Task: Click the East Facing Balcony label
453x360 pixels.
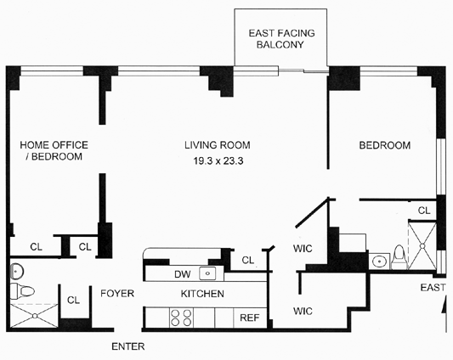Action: pos(281,39)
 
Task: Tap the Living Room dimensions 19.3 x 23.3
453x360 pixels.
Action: pos(218,160)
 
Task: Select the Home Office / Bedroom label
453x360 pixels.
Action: pos(54,150)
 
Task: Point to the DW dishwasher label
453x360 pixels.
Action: pos(182,274)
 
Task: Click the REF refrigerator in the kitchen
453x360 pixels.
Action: pos(250,318)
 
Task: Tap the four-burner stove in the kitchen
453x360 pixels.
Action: pos(181,318)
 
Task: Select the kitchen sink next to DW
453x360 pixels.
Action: pos(207,273)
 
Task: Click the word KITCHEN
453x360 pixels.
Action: pos(202,294)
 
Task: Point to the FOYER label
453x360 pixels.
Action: pos(117,293)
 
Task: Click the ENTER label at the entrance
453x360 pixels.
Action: pos(128,346)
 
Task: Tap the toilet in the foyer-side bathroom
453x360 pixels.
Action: pos(22,291)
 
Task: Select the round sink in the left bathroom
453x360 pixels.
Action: pos(17,272)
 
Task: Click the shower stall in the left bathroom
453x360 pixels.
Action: pos(34,316)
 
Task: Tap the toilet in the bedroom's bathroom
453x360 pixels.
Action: pos(399,257)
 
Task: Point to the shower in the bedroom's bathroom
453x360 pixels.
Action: pos(422,245)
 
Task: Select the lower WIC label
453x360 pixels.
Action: pos(303,312)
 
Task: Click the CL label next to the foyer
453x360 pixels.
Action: pos(73,301)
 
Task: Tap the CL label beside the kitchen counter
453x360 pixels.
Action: pos(248,260)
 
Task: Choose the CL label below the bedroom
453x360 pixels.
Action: pos(424,211)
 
